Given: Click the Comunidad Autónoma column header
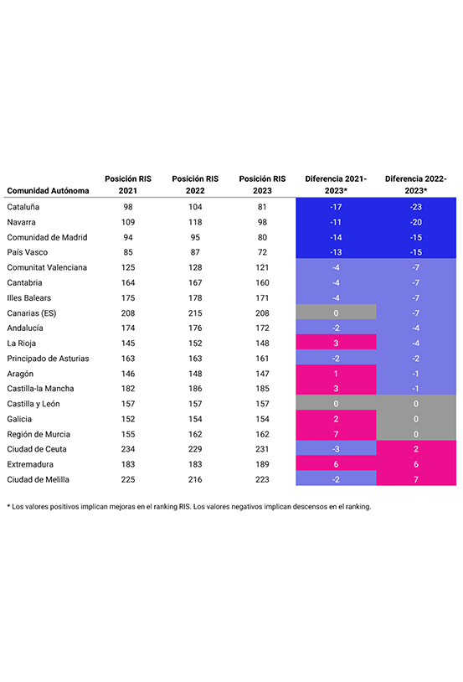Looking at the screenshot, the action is pos(48,190).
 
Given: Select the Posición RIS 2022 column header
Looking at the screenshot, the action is pos(195,184).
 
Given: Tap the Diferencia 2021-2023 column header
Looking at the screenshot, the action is pos(336,184).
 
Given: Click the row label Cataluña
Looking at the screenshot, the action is pos(23,207).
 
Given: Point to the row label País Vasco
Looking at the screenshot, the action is pos(28,252).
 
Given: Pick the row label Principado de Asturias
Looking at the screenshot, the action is pos(48,359).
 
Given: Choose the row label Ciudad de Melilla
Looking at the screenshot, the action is pos(39,479).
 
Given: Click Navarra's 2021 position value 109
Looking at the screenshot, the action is pos(128,222).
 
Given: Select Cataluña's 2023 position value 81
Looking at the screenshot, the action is pos(262,207).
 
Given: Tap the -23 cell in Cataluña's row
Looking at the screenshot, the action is pos(416,207).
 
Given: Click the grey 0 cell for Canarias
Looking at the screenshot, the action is pos(336,312).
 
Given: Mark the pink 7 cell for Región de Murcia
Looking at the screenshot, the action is pos(336,433).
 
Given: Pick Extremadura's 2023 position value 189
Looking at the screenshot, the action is pos(262,464).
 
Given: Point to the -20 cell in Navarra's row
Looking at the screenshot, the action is pos(416,222).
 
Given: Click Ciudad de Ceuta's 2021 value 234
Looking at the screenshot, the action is pos(128,449).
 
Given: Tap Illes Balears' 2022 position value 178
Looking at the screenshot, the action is pos(195,298).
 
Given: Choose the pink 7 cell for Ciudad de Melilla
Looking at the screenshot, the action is pos(416,478).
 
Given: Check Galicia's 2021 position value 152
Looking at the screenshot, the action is pos(128,419).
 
